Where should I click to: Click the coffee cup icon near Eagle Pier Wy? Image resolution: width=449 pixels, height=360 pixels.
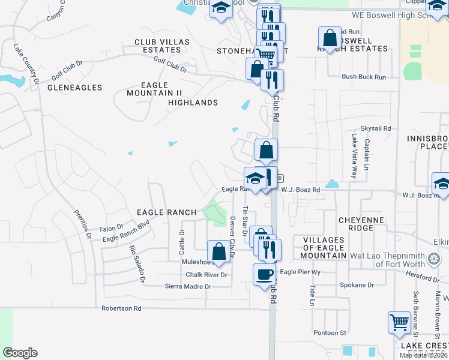point(265,275)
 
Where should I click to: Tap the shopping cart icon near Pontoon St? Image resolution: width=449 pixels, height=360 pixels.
point(399,323)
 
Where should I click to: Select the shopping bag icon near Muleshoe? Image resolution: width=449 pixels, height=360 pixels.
point(219,252)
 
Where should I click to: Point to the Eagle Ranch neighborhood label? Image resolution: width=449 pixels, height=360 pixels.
point(166,212)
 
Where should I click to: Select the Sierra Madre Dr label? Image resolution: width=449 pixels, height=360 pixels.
point(188,287)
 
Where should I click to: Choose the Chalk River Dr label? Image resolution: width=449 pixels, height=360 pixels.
point(206,275)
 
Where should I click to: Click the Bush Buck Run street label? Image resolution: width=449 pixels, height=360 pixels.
point(364,77)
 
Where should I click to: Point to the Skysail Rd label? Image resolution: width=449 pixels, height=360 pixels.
point(375,128)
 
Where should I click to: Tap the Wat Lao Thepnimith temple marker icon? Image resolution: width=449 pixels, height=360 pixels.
point(434,260)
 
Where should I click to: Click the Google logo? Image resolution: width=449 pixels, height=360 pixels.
point(20,353)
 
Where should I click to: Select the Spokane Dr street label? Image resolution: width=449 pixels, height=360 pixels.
point(357,285)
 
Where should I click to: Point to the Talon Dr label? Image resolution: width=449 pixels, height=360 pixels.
point(110,229)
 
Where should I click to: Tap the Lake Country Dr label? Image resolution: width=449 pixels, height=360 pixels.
point(26,62)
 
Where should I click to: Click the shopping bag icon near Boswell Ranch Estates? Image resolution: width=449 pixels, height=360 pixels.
point(330,38)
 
